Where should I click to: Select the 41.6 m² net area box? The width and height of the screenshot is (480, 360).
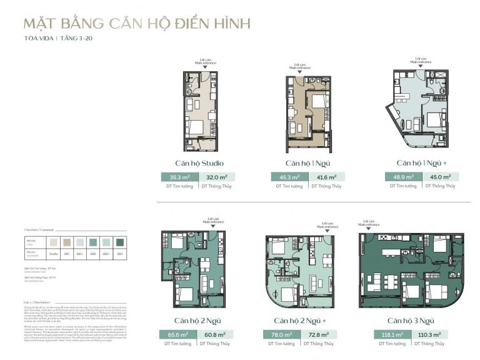click(x=324, y=177)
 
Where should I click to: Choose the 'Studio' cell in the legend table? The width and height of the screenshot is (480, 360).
click(x=54, y=254)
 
